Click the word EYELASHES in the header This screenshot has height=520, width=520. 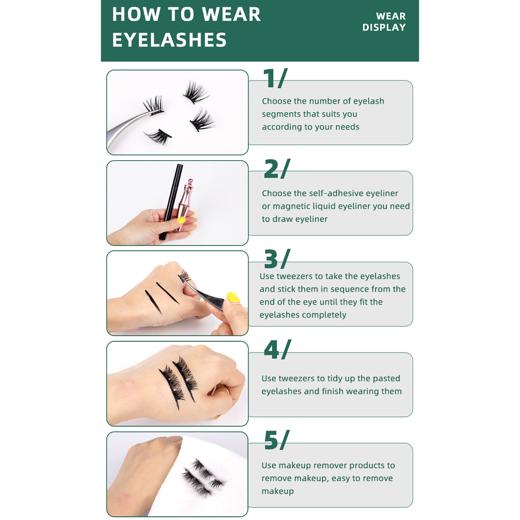point(169,40)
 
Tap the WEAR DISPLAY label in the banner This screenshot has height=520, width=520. point(384,22)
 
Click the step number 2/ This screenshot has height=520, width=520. point(277,169)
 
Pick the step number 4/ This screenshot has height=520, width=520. point(278,349)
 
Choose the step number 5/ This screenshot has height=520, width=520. point(277,440)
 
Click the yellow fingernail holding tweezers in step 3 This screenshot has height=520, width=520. point(233,297)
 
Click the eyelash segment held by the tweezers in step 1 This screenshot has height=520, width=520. point(153,105)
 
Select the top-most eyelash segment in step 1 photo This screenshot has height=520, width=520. point(196,92)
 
